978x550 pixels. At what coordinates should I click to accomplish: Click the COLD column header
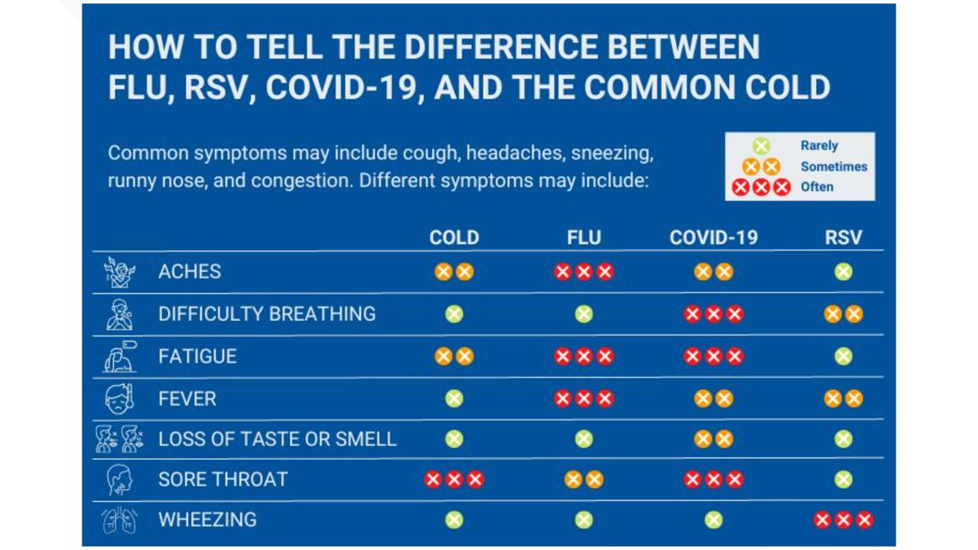pyautogui.click(x=454, y=238)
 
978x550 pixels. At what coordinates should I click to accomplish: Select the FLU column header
pyautogui.click(x=583, y=238)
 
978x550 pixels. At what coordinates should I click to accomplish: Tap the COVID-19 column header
pyautogui.click(x=713, y=238)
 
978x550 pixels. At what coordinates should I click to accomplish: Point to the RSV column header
pyautogui.click(x=842, y=238)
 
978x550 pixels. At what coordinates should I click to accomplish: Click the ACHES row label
pyautogui.click(x=190, y=272)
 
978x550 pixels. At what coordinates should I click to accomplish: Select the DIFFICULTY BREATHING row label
pyautogui.click(x=267, y=314)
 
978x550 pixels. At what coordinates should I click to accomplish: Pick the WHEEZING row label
pyautogui.click(x=207, y=519)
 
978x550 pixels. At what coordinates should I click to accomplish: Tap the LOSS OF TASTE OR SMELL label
pyautogui.click(x=277, y=439)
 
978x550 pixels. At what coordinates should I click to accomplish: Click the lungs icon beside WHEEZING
pyautogui.click(x=118, y=520)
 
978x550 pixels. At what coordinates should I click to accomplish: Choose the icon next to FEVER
pyautogui.click(x=119, y=399)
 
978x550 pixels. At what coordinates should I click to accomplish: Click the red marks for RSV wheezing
pyautogui.click(x=843, y=519)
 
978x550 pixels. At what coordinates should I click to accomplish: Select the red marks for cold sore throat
pyautogui.click(x=454, y=480)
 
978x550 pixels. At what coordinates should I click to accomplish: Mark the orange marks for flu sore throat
pyautogui.click(x=583, y=480)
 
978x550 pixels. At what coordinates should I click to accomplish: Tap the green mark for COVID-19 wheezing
pyautogui.click(x=713, y=519)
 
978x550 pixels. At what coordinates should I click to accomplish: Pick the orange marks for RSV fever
pyautogui.click(x=843, y=399)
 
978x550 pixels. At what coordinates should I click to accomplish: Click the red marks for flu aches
pyautogui.click(x=583, y=272)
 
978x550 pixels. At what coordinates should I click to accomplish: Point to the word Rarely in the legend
pyautogui.click(x=818, y=146)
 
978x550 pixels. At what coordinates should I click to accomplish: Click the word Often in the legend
pyautogui.click(x=817, y=186)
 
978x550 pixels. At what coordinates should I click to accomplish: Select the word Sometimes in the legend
pyautogui.click(x=833, y=166)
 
